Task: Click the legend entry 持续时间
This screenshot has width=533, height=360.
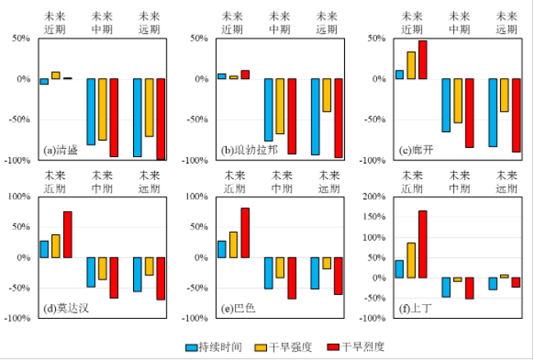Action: [x=218, y=346]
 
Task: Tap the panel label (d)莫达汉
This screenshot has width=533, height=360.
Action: [x=65, y=309]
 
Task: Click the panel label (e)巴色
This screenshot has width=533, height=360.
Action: [x=238, y=309]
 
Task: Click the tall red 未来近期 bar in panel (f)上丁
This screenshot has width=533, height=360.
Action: [x=423, y=244]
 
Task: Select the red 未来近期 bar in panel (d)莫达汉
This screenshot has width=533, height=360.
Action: [x=67, y=234]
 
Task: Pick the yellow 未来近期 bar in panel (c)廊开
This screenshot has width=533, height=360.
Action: [x=411, y=65]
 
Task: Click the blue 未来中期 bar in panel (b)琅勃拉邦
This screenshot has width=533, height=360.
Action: [x=269, y=109]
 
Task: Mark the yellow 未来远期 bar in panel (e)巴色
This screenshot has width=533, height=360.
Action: [x=327, y=263]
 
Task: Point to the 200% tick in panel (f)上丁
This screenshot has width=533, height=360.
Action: [x=377, y=197]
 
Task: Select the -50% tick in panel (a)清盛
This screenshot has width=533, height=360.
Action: [x=22, y=120]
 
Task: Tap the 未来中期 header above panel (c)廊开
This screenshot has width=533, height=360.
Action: [x=457, y=21]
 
